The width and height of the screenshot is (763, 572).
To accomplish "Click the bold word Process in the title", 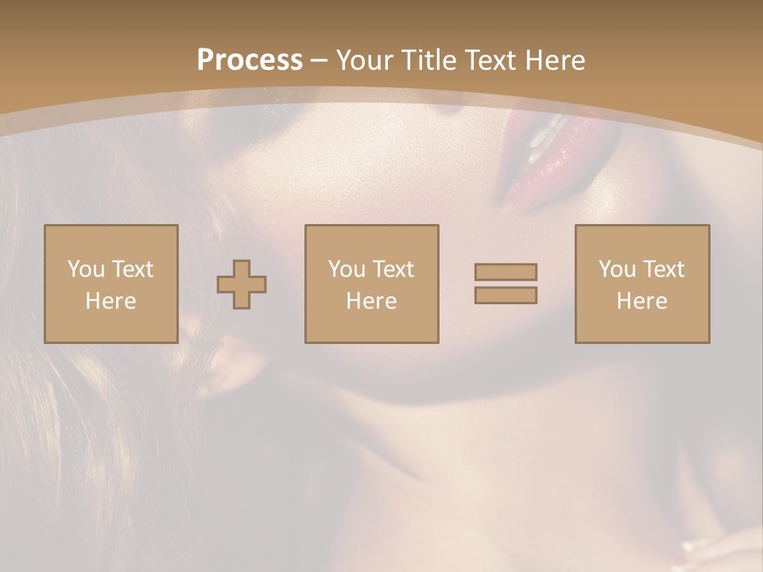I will tap(250, 60).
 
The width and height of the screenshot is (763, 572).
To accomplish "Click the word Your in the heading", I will tap(365, 60).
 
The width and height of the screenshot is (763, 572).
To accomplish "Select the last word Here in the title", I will tap(555, 60).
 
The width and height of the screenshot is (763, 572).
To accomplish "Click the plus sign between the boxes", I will tap(242, 284).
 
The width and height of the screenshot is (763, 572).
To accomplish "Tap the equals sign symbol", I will tap(505, 284).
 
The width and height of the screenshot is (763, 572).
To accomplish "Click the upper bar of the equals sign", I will tap(505, 272).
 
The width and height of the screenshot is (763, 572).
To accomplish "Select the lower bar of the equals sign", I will tap(505, 295).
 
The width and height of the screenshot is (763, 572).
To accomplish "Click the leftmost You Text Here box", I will tap(111, 284).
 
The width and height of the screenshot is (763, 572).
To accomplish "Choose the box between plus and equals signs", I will tap(372, 284).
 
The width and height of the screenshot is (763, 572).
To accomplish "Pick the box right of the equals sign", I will tap(642, 284).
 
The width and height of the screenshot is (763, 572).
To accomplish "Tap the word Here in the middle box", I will tap(372, 301).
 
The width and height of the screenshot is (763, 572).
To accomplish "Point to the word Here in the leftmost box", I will tap(111, 301).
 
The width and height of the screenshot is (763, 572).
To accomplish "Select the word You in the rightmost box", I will tap(617, 269).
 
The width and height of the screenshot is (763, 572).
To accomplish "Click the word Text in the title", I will tap(491, 60).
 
